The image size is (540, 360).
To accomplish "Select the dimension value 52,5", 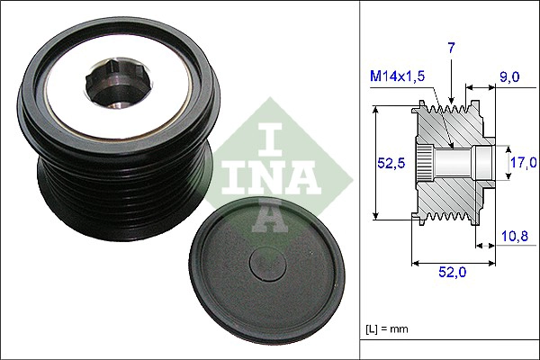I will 389,162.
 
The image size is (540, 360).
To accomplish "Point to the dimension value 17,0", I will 522,162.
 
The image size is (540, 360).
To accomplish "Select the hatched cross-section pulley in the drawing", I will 450,162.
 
